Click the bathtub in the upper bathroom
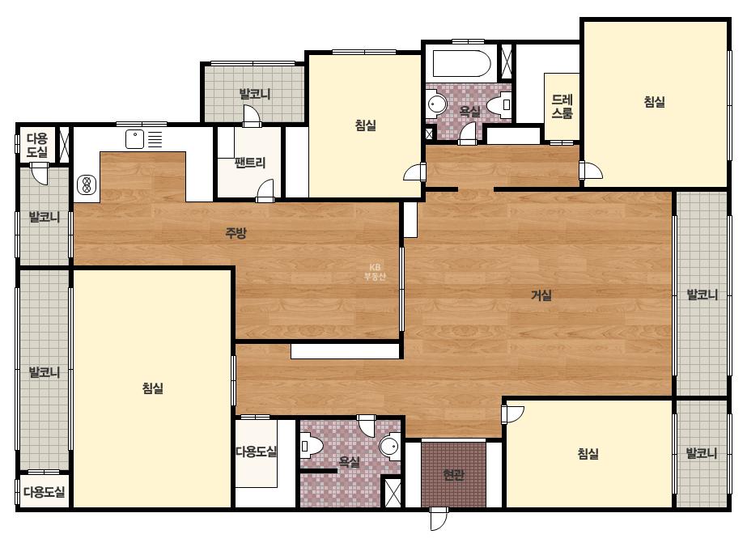461,63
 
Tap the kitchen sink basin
135,139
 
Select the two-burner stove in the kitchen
87,184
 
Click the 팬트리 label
250,163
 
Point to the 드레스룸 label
562,107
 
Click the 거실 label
541,295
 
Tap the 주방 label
236,233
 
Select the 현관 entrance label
453,474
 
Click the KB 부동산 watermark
375,272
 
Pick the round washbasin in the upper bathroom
436,104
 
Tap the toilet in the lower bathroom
312,447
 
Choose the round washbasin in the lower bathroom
390,447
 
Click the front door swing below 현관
439,519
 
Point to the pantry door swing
265,191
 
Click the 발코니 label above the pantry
255,94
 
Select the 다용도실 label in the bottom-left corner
45,492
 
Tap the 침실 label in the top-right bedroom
654,101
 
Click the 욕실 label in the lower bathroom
349,462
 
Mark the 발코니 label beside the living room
702,295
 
